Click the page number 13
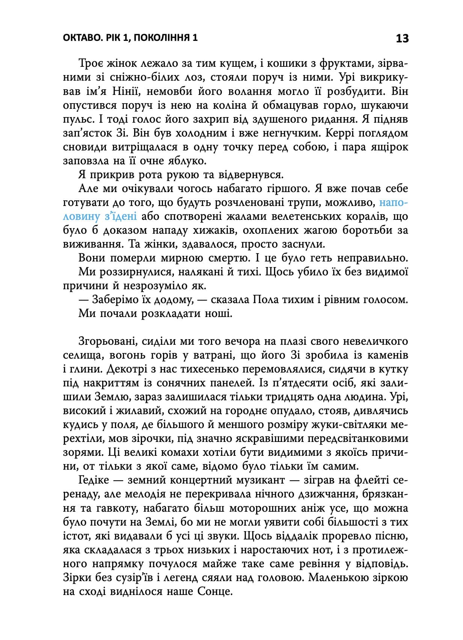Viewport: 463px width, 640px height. point(402,38)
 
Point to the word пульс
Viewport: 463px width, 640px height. point(74,119)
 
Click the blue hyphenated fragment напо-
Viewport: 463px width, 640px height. point(393,203)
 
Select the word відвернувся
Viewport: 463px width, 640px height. point(249,175)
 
